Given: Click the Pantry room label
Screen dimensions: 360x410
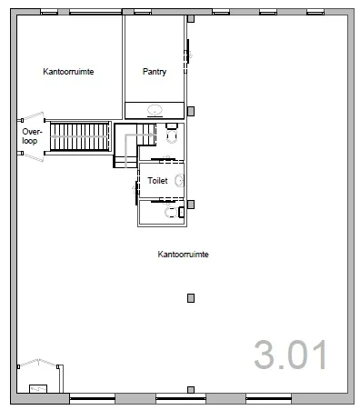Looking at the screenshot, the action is click(x=155, y=72).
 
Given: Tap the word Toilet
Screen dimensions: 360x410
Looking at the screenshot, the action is click(x=157, y=181).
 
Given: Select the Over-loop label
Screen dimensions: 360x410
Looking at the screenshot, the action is click(x=32, y=136).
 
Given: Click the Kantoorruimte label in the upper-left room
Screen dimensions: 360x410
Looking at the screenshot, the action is click(x=68, y=72).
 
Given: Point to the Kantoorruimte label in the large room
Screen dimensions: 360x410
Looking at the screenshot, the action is click(x=183, y=254).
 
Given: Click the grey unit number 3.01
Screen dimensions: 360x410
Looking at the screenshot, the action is click(x=291, y=355).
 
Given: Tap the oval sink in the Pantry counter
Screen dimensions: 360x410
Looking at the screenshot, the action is click(x=155, y=109).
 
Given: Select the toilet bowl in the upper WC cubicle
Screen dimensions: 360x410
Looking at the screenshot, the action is click(x=172, y=136).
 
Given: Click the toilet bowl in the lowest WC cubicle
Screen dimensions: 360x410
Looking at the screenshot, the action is click(x=171, y=213).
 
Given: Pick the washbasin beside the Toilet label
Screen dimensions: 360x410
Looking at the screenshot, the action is click(x=180, y=181).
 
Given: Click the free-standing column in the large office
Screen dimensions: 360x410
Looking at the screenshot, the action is click(x=191, y=298).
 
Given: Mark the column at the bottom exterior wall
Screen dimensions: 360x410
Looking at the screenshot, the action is click(x=191, y=390).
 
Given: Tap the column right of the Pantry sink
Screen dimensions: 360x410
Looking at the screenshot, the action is click(x=191, y=111).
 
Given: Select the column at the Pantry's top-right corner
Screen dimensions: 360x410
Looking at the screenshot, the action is click(x=191, y=19).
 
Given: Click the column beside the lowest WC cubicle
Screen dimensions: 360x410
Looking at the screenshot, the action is click(x=191, y=205).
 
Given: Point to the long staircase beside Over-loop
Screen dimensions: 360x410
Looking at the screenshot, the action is click(x=79, y=136).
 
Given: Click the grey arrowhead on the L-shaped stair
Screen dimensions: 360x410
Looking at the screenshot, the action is click(x=151, y=135).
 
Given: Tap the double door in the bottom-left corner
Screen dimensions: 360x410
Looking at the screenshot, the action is click(x=38, y=363).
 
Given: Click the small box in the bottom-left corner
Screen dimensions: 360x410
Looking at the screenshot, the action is click(x=38, y=389).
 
